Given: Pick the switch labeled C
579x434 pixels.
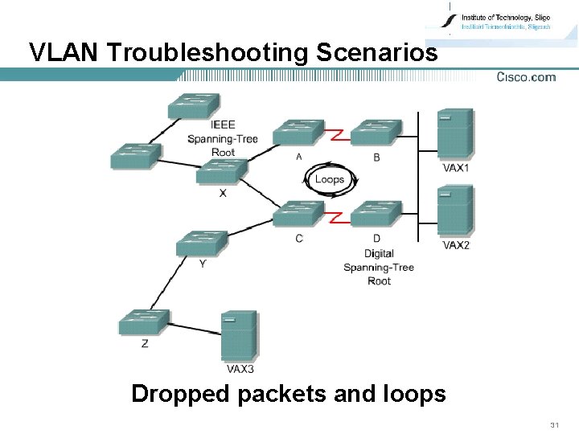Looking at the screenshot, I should click(x=298, y=214).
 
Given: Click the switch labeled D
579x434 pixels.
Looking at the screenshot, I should click(x=376, y=214).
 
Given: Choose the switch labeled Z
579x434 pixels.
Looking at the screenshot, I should click(x=144, y=322).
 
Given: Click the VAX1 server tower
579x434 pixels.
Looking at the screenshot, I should click(x=454, y=134).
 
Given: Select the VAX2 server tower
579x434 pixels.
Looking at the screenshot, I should click(x=454, y=211).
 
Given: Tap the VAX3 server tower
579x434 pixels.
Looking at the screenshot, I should click(x=239, y=337).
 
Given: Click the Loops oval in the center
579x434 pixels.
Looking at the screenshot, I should click(x=329, y=179).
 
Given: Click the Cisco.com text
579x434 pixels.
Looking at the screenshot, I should click(x=525, y=77).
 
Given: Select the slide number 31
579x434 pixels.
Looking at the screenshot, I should click(x=554, y=424).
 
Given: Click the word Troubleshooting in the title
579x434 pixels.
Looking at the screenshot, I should click(x=207, y=52).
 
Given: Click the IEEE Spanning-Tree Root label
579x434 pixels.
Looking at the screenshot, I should click(x=223, y=138).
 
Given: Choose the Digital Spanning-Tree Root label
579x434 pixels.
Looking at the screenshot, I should click(x=378, y=267).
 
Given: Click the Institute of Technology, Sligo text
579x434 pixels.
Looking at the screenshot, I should click(x=505, y=17).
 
